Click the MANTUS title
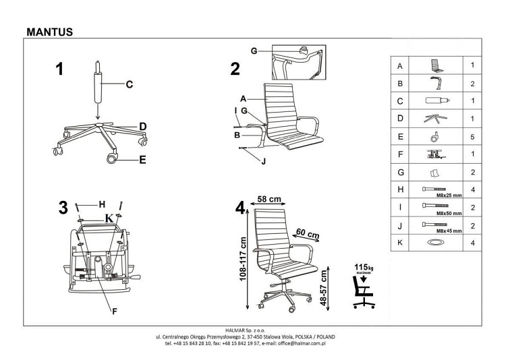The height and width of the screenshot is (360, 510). pyautogui.click(x=49, y=31)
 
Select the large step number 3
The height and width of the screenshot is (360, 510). pyautogui.click(x=63, y=208)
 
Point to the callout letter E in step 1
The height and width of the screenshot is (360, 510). pyautogui.click(x=143, y=160)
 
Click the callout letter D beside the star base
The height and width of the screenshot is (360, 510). pyautogui.click(x=143, y=126)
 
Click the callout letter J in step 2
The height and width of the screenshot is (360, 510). pyautogui.click(x=264, y=160)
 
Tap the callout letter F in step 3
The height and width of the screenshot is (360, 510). pyautogui.click(x=115, y=311)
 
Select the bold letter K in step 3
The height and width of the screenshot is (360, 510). pyautogui.click(x=108, y=218)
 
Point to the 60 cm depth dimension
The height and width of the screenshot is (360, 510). pyautogui.click(x=308, y=234)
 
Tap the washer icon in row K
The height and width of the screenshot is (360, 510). pyautogui.click(x=436, y=242)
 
